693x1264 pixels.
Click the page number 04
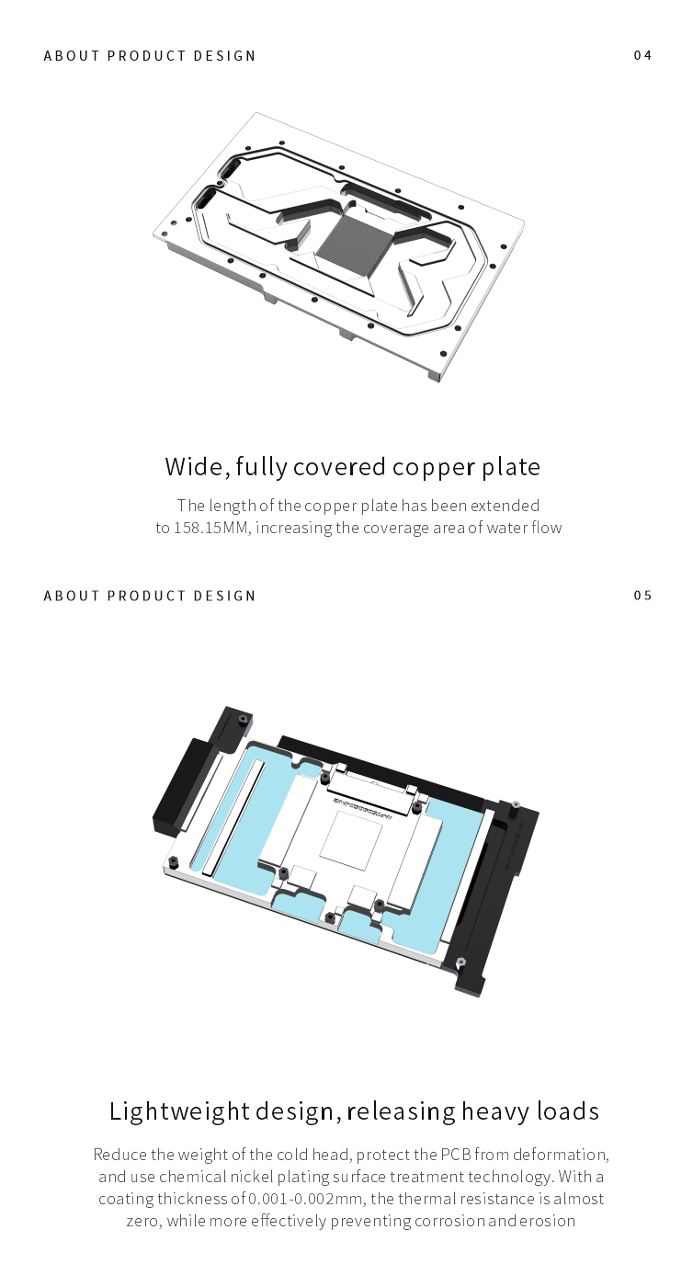(x=642, y=55)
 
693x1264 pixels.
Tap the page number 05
(x=642, y=595)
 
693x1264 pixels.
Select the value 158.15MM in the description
(x=210, y=528)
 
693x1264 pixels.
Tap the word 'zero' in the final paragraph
(x=144, y=1221)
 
